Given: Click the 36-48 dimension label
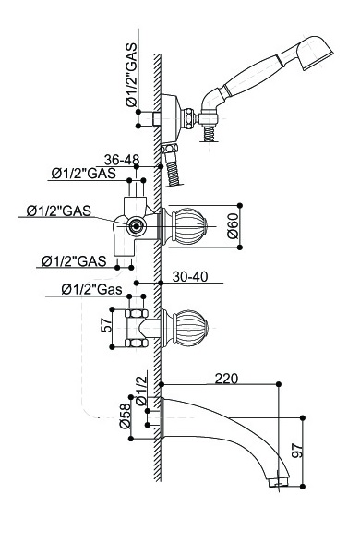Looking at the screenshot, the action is tap(122, 160).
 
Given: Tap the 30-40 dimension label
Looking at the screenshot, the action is tap(190, 276).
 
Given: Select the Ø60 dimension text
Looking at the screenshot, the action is tap(233, 226).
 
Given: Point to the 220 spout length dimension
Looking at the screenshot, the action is tap(226, 379).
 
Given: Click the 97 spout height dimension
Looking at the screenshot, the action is tap(297, 450).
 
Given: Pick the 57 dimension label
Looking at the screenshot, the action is tap(107, 325).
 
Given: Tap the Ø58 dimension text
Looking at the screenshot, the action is tap(125, 416).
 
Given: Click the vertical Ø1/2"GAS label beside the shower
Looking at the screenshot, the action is tap(132, 75).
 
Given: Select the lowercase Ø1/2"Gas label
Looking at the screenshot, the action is tap(91, 289).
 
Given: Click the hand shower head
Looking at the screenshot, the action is tap(316, 53).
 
